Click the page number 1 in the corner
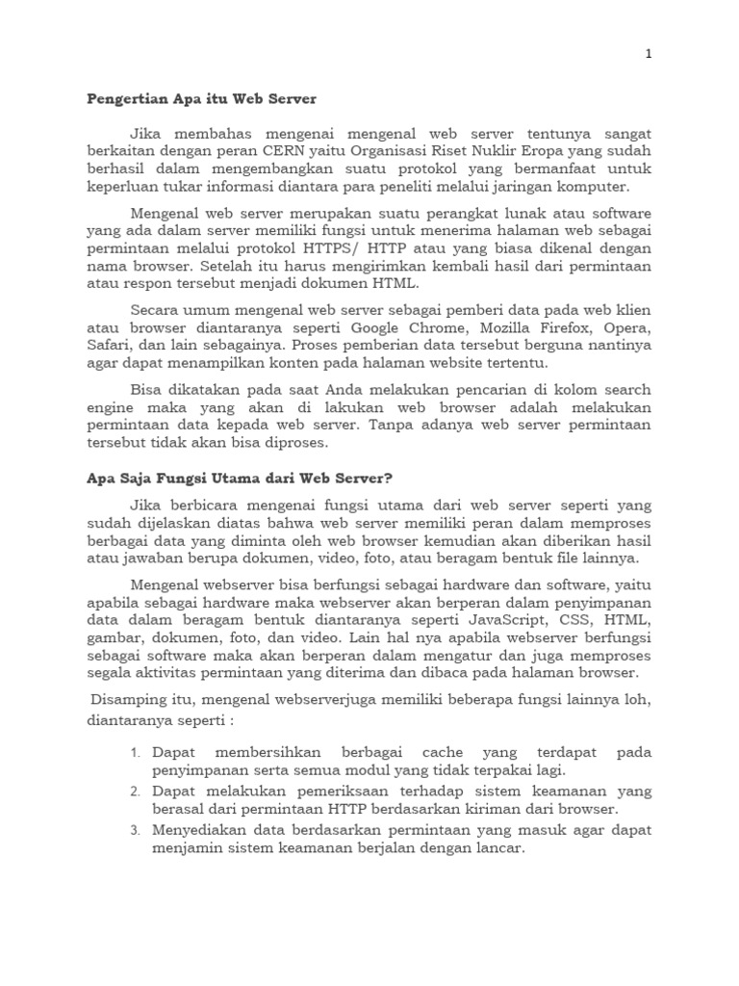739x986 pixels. [x=649, y=55]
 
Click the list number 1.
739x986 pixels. [x=136, y=752]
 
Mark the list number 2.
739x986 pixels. [x=136, y=791]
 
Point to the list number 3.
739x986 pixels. [x=136, y=831]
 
